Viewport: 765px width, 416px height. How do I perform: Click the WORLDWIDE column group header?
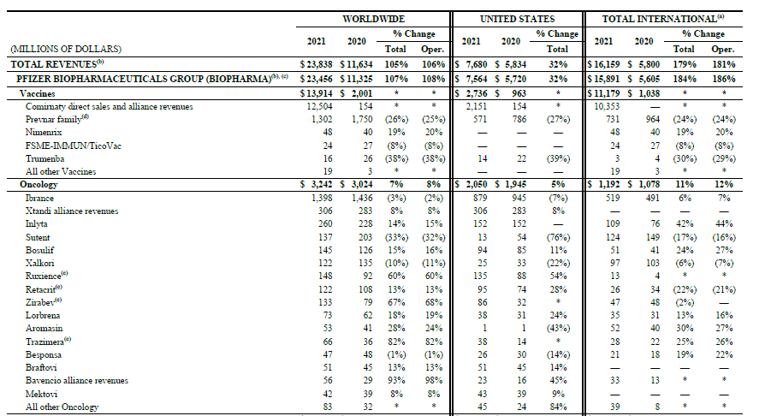pos(373,18)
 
